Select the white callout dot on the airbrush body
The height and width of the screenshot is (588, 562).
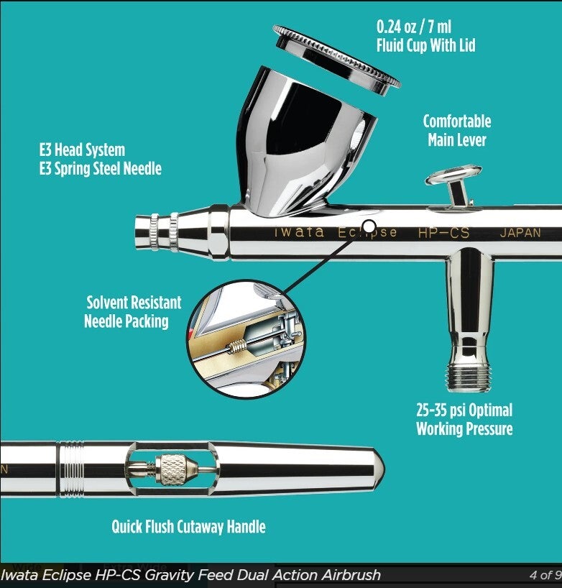tap(369, 226)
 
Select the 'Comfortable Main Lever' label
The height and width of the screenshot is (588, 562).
tap(456, 130)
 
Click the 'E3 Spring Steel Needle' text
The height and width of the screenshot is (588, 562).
tap(101, 169)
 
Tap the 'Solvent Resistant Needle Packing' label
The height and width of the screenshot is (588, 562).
tap(133, 312)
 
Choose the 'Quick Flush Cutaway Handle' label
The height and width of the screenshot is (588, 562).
tap(188, 527)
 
